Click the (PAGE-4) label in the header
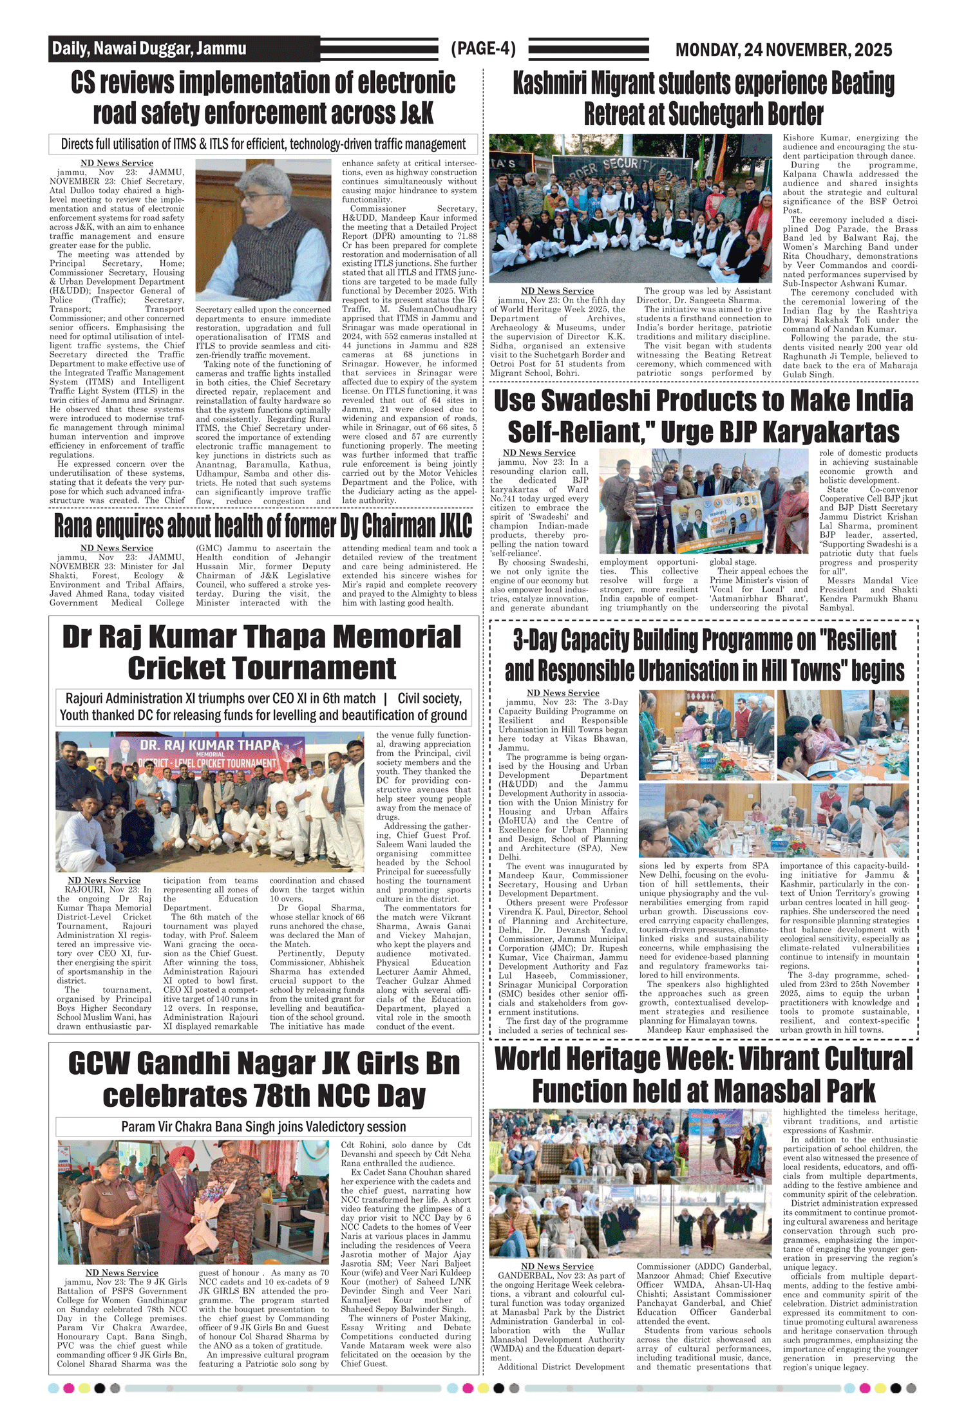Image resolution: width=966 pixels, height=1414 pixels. tap(483, 49)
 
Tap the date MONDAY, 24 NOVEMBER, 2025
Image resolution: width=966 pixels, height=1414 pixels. tap(783, 50)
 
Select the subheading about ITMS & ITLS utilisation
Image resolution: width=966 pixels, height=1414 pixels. tap(263, 144)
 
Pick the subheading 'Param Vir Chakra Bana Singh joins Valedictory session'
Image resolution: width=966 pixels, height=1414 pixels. tap(263, 1126)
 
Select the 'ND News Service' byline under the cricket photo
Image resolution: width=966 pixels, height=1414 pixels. tap(104, 880)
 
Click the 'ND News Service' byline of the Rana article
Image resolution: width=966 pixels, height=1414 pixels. tap(117, 548)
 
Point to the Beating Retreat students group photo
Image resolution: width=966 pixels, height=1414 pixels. tap(630, 208)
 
